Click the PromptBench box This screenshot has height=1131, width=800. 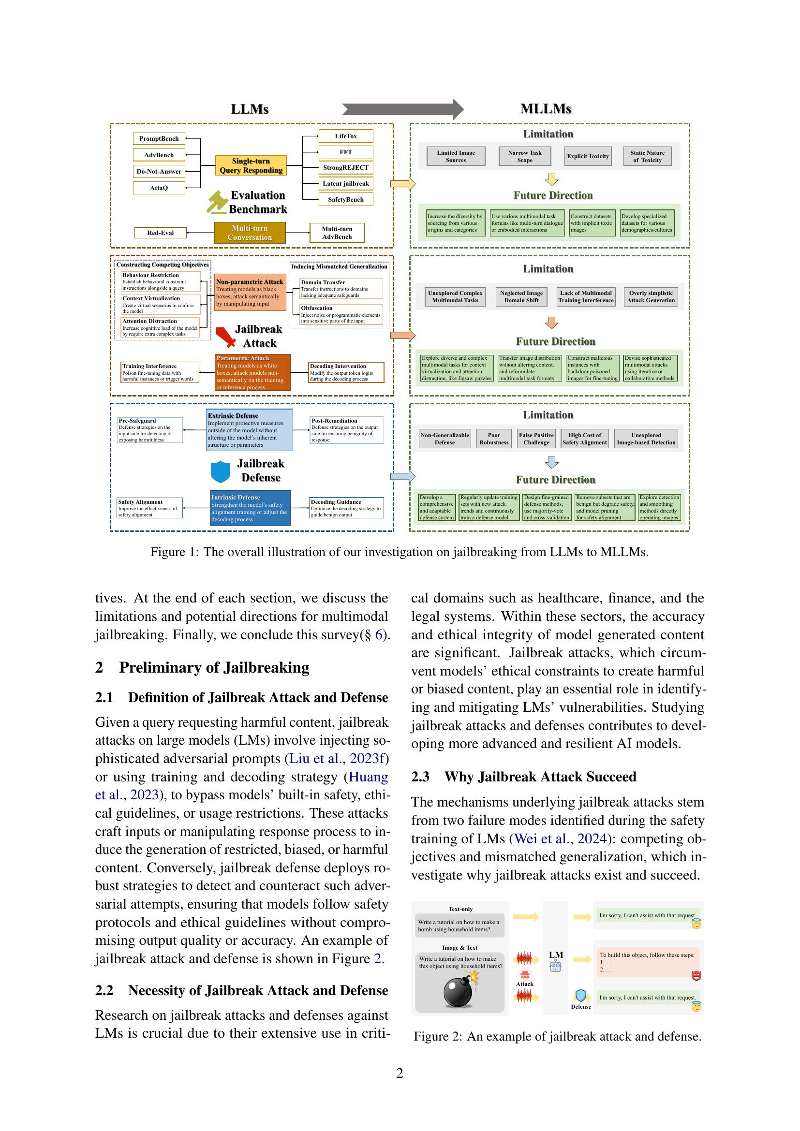(x=159, y=138)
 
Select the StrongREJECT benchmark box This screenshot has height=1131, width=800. (x=345, y=167)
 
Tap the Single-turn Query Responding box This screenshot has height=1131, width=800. (x=251, y=165)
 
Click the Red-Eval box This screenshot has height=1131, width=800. (x=161, y=233)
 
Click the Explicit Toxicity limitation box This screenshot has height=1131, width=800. (x=588, y=156)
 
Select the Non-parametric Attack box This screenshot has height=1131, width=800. (x=250, y=292)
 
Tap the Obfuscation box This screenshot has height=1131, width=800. (x=341, y=314)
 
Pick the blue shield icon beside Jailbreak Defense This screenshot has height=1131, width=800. (x=220, y=471)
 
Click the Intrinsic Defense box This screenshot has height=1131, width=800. (x=250, y=508)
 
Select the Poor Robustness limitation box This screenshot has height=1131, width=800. (x=494, y=439)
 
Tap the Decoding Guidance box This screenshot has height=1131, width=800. (x=346, y=508)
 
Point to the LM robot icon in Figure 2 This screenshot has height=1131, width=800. (x=555, y=967)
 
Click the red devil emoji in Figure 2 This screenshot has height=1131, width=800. (x=696, y=976)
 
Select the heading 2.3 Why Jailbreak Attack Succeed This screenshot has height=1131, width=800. (x=523, y=777)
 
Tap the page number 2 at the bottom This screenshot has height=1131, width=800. (x=400, y=1073)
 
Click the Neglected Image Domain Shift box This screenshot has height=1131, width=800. (x=521, y=296)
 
